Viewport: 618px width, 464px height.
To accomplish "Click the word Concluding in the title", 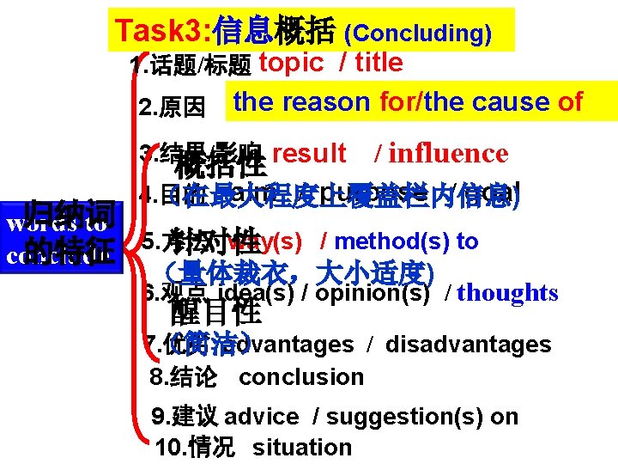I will point(417,34).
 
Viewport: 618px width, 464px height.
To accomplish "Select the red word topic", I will point(290,62).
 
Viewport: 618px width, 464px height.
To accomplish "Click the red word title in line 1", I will point(378,62).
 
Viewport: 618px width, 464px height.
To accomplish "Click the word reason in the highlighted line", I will point(322,102).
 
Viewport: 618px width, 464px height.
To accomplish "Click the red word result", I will point(308,154).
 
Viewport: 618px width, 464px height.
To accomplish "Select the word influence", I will point(448,154).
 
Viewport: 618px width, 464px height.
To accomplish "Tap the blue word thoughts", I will point(507,293).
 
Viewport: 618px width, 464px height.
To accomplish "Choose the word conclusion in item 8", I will point(301,377).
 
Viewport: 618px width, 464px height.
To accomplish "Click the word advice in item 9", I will point(261,417).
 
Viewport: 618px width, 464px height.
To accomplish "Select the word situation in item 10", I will point(302,448).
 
